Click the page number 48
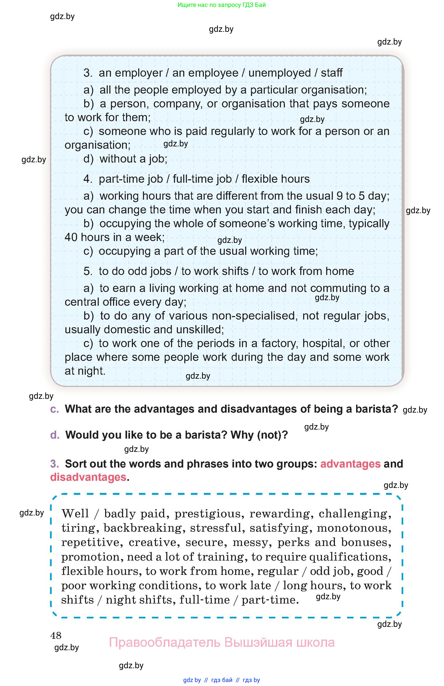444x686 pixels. coord(56,635)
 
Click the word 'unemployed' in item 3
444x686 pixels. coord(279,73)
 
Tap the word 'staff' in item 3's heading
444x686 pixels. coord(331,73)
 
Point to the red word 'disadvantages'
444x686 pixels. coord(88,477)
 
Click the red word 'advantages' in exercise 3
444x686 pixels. coord(350,464)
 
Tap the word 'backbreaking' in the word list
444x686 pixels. coord(143,528)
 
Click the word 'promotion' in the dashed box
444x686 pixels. coord(90,557)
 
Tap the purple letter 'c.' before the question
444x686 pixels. coord(54,409)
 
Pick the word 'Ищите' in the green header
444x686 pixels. coord(186,5)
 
